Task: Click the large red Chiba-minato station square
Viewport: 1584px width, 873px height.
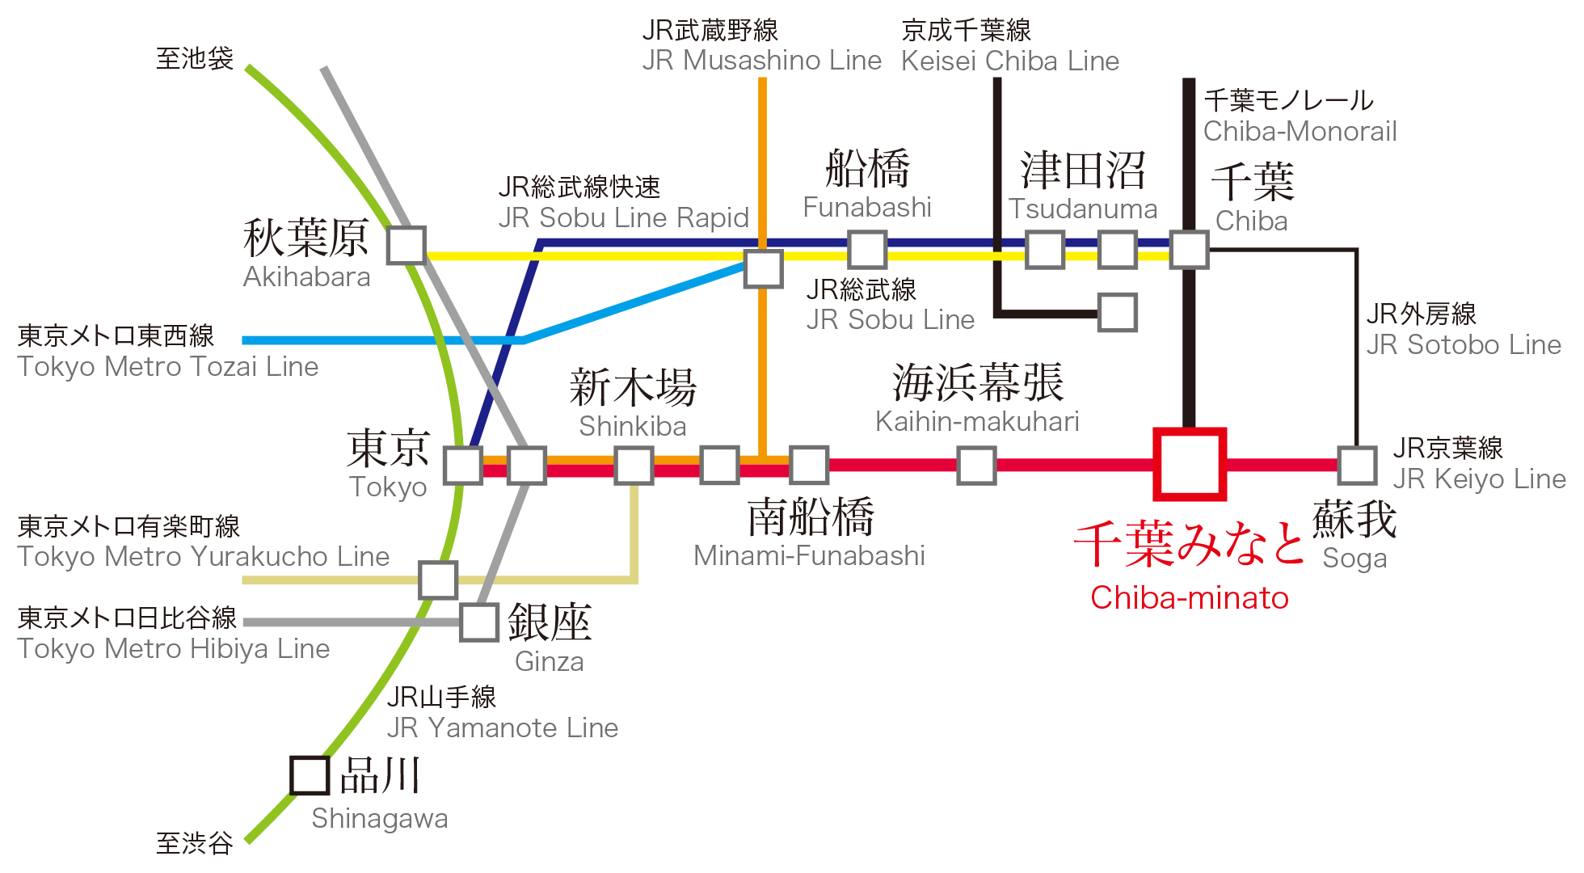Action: click(x=1189, y=464)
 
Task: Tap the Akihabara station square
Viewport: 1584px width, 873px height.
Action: click(x=406, y=245)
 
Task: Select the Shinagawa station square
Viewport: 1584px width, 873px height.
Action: click(x=310, y=775)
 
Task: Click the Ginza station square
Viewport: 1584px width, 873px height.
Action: click(x=479, y=622)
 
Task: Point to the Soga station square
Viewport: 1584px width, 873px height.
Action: click(x=1357, y=465)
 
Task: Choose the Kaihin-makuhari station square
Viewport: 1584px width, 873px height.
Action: click(x=976, y=465)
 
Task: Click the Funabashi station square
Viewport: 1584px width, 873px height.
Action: click(x=867, y=249)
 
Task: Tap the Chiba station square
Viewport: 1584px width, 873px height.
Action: click(x=1190, y=249)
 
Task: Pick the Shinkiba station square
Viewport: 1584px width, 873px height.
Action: click(x=634, y=465)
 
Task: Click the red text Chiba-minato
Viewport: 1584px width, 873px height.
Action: click(x=1189, y=598)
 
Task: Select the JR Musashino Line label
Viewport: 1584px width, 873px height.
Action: click(x=761, y=61)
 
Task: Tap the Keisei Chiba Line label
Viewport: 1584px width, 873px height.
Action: click(x=1009, y=61)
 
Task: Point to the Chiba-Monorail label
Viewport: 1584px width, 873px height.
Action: click(x=1300, y=131)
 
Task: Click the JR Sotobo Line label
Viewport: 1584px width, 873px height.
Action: click(x=1464, y=345)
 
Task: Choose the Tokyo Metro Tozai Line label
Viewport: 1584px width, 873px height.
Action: click(x=168, y=367)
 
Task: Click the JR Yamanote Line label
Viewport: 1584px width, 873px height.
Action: click(x=502, y=728)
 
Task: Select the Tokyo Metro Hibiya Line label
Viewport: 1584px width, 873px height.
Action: click(x=174, y=649)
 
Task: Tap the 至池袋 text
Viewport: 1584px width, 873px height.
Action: click(x=194, y=58)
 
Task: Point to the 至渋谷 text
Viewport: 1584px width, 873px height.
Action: click(x=194, y=843)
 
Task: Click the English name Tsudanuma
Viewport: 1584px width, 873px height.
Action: click(x=1083, y=209)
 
